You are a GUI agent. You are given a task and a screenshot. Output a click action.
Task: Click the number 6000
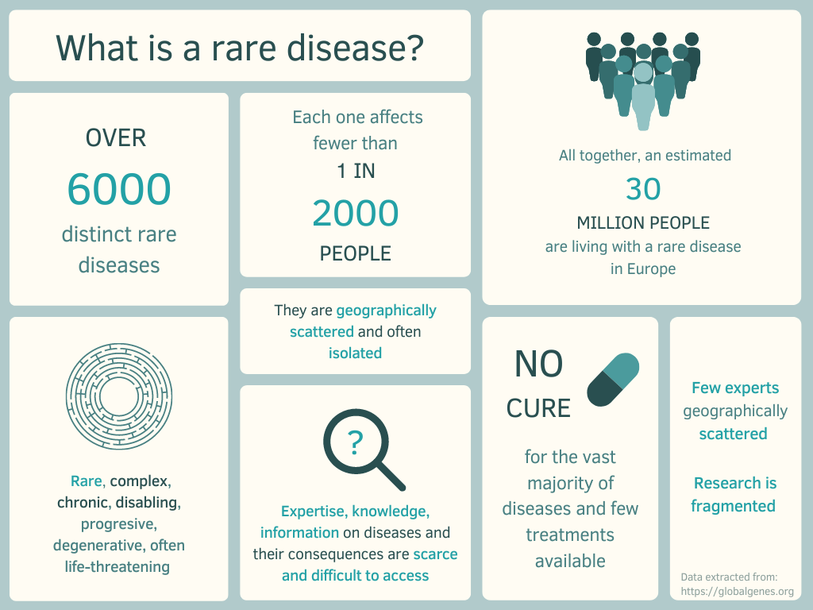[x=119, y=189]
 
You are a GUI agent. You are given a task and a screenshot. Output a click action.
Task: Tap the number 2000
[x=355, y=213]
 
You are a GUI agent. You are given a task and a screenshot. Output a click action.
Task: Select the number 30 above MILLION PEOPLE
[x=643, y=189]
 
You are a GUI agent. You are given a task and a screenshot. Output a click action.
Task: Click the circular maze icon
[x=119, y=396]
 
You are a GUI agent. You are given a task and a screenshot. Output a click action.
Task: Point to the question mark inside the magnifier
[x=355, y=442]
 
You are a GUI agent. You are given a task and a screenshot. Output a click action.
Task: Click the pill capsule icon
[x=613, y=380]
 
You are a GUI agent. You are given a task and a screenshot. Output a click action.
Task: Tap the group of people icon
[x=643, y=81]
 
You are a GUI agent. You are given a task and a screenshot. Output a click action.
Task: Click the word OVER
[x=116, y=138]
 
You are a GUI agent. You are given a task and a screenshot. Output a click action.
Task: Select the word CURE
[x=538, y=408]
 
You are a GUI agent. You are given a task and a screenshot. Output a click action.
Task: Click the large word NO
[x=538, y=364]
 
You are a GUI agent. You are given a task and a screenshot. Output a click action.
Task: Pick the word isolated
[x=355, y=353]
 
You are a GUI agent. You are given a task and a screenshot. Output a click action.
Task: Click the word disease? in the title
[x=355, y=48]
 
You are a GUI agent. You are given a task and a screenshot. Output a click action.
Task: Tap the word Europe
[x=651, y=269]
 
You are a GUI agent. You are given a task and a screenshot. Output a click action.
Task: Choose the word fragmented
[x=733, y=506]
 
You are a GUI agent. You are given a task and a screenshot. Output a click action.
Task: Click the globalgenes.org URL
[x=738, y=591]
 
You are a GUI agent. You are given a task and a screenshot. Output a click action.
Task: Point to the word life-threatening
[x=118, y=567]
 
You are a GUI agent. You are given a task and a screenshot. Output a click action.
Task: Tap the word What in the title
[x=98, y=48]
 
